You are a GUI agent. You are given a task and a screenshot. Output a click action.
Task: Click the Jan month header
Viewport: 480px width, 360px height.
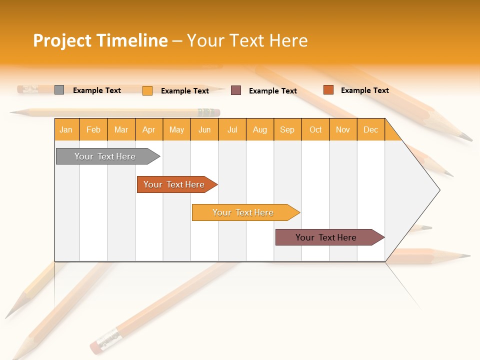click(x=66, y=129)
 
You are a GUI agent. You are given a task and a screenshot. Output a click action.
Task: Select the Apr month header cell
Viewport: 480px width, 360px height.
click(x=149, y=129)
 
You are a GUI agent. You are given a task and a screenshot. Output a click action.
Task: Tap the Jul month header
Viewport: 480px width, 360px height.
click(x=232, y=129)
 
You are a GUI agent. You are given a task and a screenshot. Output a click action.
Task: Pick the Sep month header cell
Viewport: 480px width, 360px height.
click(x=287, y=129)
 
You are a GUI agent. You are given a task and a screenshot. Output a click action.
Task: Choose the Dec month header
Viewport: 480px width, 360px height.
click(x=370, y=129)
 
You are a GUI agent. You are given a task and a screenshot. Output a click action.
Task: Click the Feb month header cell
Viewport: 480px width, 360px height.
click(x=93, y=129)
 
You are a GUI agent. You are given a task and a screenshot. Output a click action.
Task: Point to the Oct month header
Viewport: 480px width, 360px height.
click(x=315, y=129)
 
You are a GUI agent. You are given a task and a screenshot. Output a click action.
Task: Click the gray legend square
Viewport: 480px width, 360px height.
click(x=59, y=90)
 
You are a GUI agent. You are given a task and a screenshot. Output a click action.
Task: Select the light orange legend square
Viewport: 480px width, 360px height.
click(x=147, y=90)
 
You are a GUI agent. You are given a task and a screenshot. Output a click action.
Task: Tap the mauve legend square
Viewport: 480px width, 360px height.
click(x=236, y=90)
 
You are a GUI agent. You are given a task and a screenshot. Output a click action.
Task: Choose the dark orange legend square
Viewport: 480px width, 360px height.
click(x=328, y=90)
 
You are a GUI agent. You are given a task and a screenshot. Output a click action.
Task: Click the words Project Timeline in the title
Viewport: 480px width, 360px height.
click(x=100, y=40)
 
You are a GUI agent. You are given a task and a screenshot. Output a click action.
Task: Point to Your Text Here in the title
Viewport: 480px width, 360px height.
click(x=247, y=40)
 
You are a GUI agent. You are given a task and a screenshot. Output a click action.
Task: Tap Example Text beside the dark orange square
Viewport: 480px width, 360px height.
click(x=364, y=90)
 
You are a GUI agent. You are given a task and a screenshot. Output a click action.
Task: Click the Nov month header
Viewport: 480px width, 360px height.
click(x=343, y=129)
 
